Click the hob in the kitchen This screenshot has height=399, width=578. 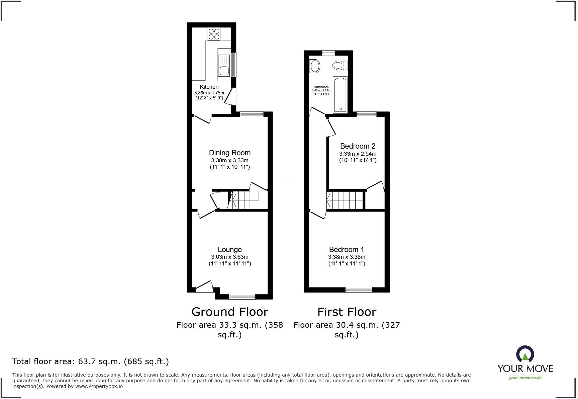(214, 34)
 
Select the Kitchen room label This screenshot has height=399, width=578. (209, 87)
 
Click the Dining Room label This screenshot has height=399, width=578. (229, 153)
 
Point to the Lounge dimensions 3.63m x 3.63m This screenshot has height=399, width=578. (229, 257)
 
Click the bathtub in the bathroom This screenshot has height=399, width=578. (340, 95)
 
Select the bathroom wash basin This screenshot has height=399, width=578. (314, 66)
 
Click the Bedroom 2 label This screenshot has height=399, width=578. (358, 146)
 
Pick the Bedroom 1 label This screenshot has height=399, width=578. (346, 249)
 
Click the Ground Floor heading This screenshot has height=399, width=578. (229, 312)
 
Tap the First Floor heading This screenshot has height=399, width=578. (347, 312)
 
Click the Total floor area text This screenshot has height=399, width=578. (90, 362)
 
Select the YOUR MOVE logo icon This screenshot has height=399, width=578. (525, 354)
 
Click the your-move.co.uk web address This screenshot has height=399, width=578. (525, 378)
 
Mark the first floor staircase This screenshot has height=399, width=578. (345, 200)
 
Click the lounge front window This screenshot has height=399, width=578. (242, 296)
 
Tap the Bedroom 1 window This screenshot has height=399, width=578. (359, 290)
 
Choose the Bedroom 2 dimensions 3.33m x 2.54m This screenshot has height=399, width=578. (358, 154)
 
